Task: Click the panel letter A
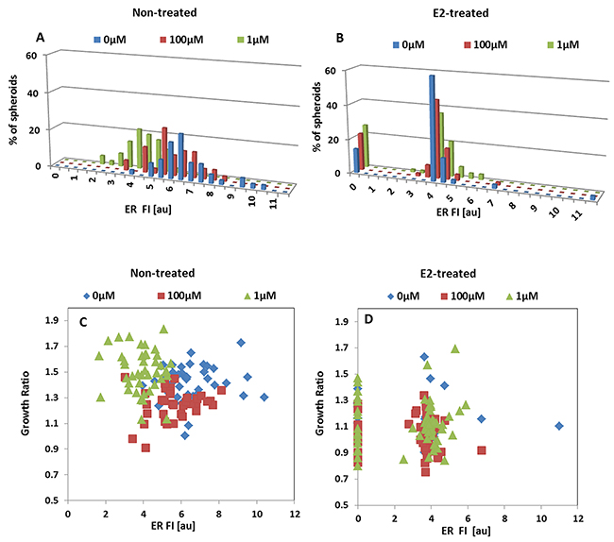point(40,38)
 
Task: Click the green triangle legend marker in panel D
point(510,296)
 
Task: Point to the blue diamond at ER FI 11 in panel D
point(559,426)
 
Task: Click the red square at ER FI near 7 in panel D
point(482,450)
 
